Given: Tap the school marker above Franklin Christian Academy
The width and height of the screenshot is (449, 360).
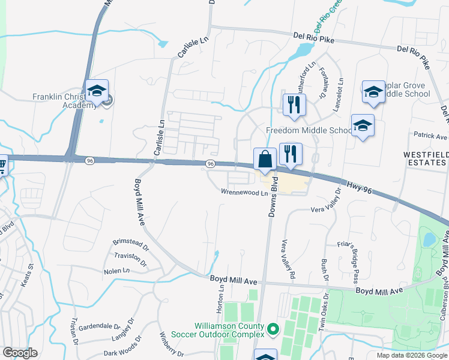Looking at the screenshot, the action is [96, 91].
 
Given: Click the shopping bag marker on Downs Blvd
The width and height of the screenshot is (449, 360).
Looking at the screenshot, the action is [265, 160].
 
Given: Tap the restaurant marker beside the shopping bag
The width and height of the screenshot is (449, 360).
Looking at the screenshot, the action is [291, 154].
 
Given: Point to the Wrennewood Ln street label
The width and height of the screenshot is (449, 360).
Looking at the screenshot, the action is [244, 193].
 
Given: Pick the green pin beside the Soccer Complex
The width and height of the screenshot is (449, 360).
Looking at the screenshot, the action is [274, 329].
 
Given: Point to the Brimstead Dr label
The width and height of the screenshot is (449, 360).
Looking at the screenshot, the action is [130, 243].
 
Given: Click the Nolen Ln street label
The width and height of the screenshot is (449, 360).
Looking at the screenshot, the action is [116, 271].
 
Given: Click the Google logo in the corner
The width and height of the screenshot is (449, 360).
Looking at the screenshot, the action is [20, 353].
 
